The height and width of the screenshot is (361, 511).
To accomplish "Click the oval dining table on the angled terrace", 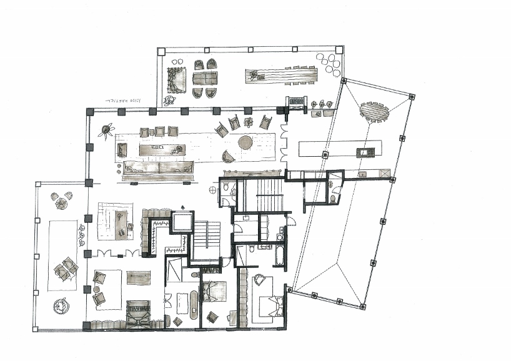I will [374, 113].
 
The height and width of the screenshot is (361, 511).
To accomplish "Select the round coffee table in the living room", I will [246, 142].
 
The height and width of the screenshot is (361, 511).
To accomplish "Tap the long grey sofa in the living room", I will [157, 168].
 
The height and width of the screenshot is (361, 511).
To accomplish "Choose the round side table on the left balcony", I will [61, 305].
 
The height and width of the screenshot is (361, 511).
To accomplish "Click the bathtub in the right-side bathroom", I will [280, 256].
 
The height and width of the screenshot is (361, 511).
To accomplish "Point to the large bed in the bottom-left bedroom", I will [138, 312].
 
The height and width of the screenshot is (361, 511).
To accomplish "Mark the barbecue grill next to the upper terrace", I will [296, 101].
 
